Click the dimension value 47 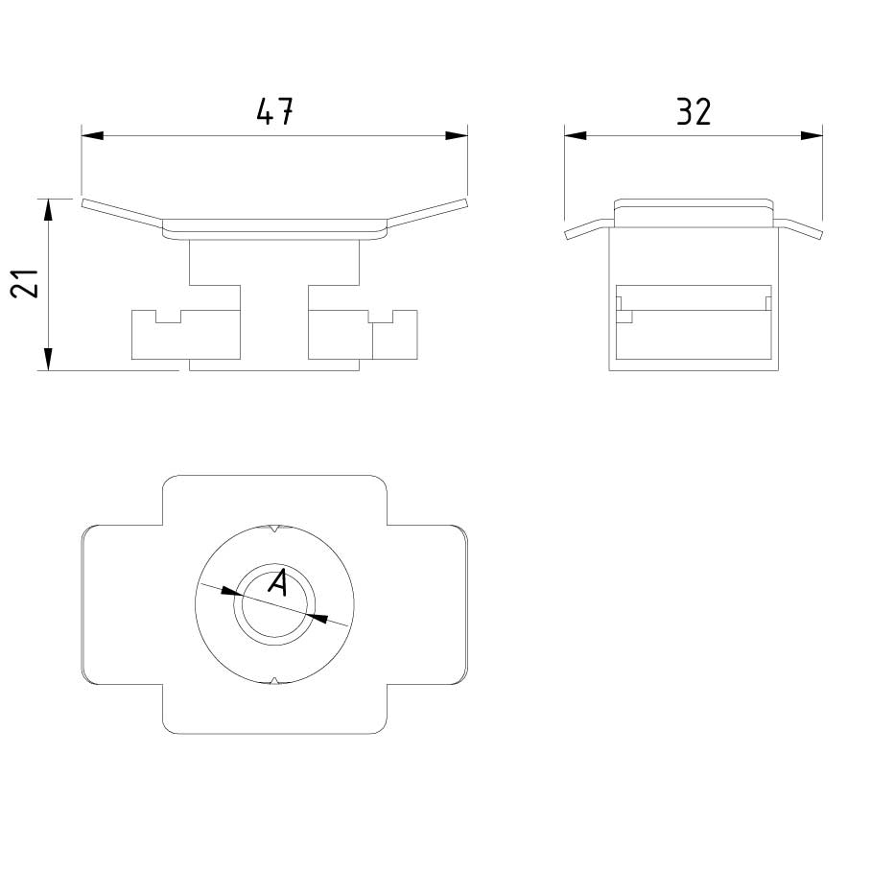tap(274, 112)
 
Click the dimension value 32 tap(693, 112)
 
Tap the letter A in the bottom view tap(277, 582)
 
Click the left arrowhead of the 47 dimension tap(93, 136)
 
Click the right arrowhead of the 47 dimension tap(457, 136)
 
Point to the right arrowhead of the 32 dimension tap(812, 136)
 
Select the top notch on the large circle tap(274, 529)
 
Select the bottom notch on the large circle tap(274, 681)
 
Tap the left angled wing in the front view tap(122, 214)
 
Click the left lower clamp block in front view tap(185, 336)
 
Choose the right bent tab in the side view tap(800, 229)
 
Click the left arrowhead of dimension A tap(230, 593)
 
